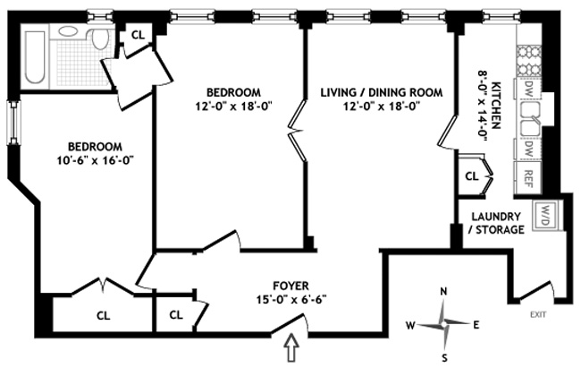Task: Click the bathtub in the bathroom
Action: tap(35, 57)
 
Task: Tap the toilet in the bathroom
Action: tap(99, 38)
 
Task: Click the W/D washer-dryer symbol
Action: tap(544, 216)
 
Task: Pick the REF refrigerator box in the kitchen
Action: tap(528, 177)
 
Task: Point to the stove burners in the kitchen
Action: tap(529, 62)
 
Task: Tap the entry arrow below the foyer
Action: tap(292, 347)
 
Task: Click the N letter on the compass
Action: tap(442, 292)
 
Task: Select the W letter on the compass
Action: tap(410, 326)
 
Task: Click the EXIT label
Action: tap(538, 315)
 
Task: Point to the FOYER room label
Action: tap(290, 286)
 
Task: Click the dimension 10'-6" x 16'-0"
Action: tap(95, 161)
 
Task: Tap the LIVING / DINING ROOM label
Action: tap(382, 92)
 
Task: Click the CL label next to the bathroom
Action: tap(138, 35)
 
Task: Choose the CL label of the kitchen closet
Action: tap(472, 176)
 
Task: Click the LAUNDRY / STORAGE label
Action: tap(496, 223)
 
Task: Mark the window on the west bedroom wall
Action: tap(14, 123)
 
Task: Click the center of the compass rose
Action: tap(443, 324)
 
